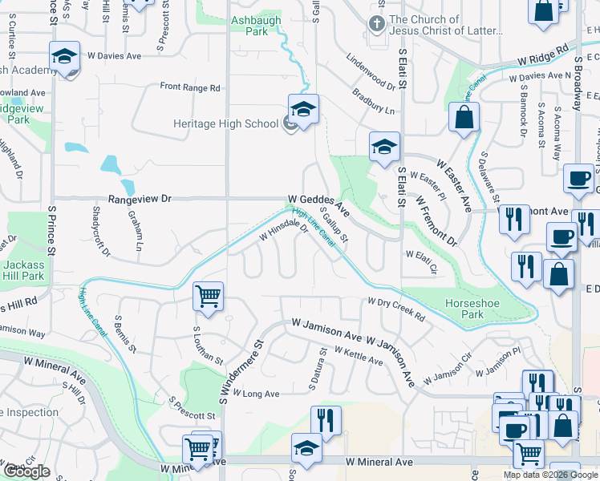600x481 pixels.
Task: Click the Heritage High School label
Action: click(225, 123)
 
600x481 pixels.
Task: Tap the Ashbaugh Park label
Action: click(249, 26)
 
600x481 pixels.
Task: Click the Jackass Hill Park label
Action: click(23, 270)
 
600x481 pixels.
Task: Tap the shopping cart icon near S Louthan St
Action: click(209, 297)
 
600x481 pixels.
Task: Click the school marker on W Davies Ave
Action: click(65, 56)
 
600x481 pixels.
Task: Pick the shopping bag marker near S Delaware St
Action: click(464, 118)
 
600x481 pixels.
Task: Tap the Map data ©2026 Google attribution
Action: click(552, 475)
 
